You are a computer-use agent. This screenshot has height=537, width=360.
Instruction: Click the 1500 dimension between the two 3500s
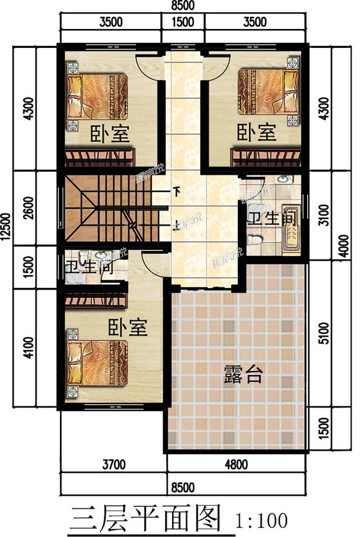tap(183, 23)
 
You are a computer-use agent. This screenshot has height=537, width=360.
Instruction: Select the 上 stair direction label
tap(175, 223)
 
